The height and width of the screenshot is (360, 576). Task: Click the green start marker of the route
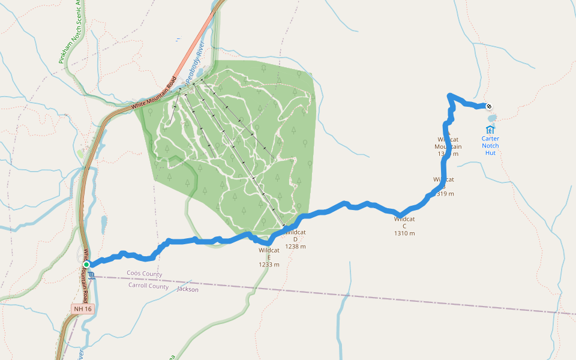[x=86, y=264]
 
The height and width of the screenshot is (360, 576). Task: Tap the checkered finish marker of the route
[x=489, y=107]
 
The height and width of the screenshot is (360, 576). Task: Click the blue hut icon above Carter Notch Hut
[x=490, y=129]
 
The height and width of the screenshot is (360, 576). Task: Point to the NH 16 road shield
[x=82, y=308]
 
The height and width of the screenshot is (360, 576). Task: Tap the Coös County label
[x=145, y=274]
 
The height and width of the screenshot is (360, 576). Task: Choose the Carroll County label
[x=148, y=286]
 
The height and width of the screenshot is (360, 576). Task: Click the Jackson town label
[x=188, y=289]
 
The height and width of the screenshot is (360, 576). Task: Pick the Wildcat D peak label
[x=296, y=235]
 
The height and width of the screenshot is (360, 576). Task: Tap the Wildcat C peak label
[x=404, y=222]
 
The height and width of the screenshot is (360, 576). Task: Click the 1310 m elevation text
[x=404, y=233]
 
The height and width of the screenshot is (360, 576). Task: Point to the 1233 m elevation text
[x=269, y=265]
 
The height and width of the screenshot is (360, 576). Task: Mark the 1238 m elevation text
[x=296, y=247]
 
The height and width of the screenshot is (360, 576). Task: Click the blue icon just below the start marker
[x=91, y=276]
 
